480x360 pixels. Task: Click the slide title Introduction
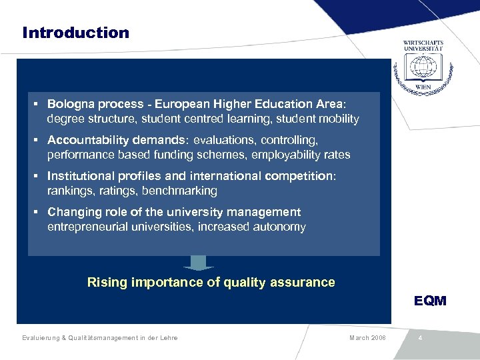[75, 33]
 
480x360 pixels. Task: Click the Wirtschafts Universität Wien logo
[423, 65]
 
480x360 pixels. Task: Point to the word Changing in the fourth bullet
[74, 212]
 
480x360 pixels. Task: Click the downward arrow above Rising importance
[198, 263]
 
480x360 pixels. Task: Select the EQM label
[430, 301]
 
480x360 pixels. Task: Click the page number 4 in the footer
[420, 338]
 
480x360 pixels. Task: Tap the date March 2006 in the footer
[367, 338]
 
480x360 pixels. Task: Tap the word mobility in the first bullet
[338, 119]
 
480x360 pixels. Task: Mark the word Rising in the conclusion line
[106, 283]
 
